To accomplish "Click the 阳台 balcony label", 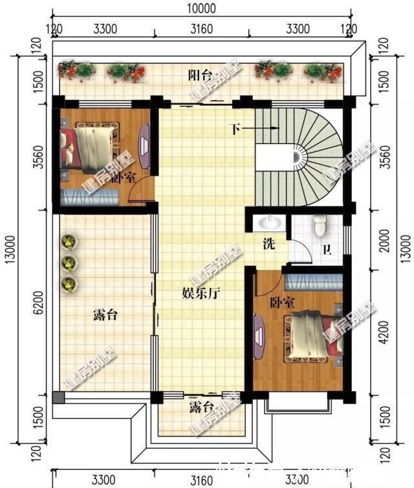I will (200, 76).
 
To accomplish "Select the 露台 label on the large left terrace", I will (105, 315).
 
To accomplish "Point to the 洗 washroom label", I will (268, 244).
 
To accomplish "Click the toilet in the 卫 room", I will (320, 226).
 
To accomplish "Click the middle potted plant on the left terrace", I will (69, 263).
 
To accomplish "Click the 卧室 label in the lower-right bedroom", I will (282, 302).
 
